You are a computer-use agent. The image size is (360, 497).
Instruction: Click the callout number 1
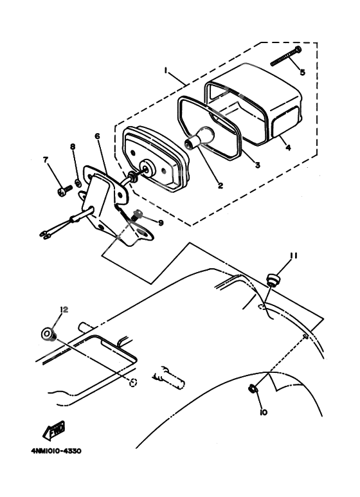tap(165, 70)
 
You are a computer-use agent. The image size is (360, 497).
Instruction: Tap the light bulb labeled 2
tap(199, 138)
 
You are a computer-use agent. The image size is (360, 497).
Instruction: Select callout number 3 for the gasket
tap(257, 165)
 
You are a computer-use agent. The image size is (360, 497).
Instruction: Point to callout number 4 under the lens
tap(288, 147)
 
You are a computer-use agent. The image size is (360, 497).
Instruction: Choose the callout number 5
tap(302, 72)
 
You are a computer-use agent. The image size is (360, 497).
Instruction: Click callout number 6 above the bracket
tap(97, 136)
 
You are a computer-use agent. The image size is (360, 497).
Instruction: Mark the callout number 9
tap(161, 223)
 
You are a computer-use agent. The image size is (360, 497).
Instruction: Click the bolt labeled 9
tap(137, 215)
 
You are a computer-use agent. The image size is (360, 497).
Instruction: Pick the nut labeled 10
tap(252, 388)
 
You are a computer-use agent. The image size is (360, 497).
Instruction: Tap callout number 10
tap(264, 412)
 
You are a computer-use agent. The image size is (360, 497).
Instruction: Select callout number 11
tap(293, 255)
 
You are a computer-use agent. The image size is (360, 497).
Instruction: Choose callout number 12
tap(64, 309)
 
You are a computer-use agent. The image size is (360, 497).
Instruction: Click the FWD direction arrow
tap(54, 430)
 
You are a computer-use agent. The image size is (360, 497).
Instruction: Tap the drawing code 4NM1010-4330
tap(56, 451)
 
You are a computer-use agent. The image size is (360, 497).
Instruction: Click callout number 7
tap(46, 160)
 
